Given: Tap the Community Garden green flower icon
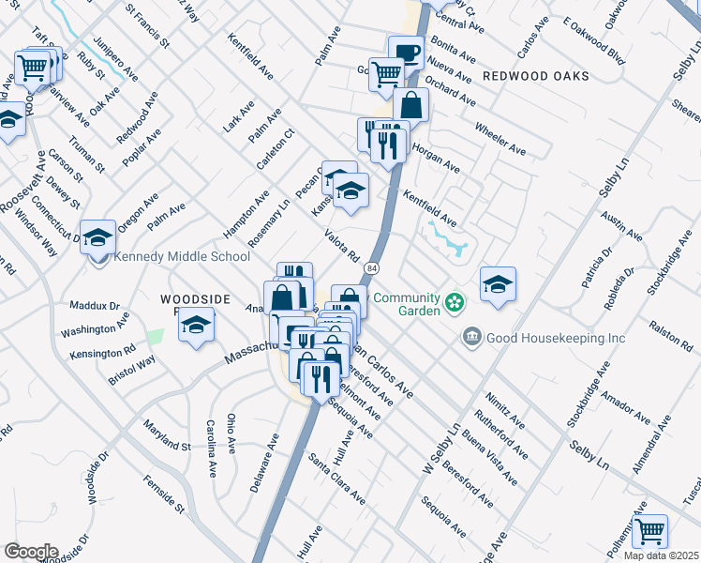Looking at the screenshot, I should (x=455, y=302).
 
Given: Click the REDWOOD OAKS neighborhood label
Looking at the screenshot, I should (x=536, y=75).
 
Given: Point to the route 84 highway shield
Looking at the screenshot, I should (x=373, y=269).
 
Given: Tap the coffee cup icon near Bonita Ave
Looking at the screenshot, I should (x=406, y=53).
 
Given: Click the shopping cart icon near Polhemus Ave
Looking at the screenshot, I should (x=649, y=531).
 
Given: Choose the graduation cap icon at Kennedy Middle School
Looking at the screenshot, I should (x=97, y=237).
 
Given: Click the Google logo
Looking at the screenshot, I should (x=31, y=552).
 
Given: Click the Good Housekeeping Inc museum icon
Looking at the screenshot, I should (x=471, y=336).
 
